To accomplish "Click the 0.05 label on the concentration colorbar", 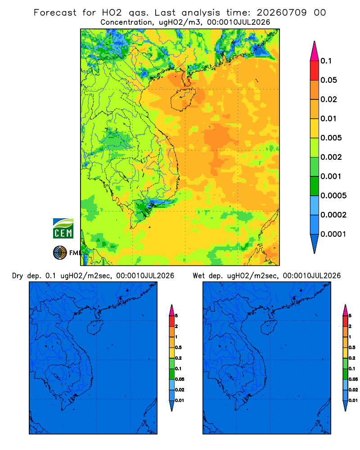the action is point(328,80).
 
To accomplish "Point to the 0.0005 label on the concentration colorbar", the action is point(333,196).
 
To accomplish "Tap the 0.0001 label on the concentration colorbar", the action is point(333,234).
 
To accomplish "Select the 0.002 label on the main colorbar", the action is point(331,157).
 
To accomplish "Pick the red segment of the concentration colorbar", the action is point(315,71).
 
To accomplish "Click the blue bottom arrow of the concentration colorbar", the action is point(315,243).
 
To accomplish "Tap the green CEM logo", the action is point(63,229).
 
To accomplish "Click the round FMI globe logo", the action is point(60,252).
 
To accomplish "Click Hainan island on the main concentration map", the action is point(183,99).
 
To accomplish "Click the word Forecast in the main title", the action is point(55,13).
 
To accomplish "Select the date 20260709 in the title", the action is point(281,13).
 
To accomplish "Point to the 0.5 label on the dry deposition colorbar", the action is point(178,347).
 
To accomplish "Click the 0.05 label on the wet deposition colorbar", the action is point(353,379).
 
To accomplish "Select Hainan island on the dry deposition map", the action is point(95,328).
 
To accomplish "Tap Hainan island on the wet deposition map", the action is point(269,328).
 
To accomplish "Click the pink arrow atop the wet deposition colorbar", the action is point(345,310).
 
